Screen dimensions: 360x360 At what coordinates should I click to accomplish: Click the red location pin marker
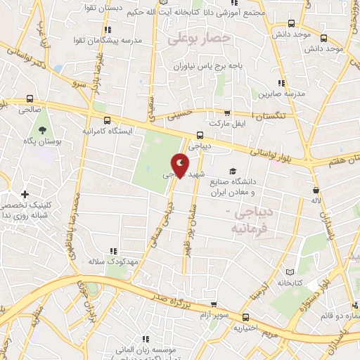181,165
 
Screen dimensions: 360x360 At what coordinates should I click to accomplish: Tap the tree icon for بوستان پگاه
43,130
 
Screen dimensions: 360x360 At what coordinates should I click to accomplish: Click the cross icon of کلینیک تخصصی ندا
25,194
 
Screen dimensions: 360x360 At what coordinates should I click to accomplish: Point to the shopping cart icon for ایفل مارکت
226,112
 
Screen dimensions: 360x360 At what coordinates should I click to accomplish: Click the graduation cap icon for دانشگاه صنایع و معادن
232,171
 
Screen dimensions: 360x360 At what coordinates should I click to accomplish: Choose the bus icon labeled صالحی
30,99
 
